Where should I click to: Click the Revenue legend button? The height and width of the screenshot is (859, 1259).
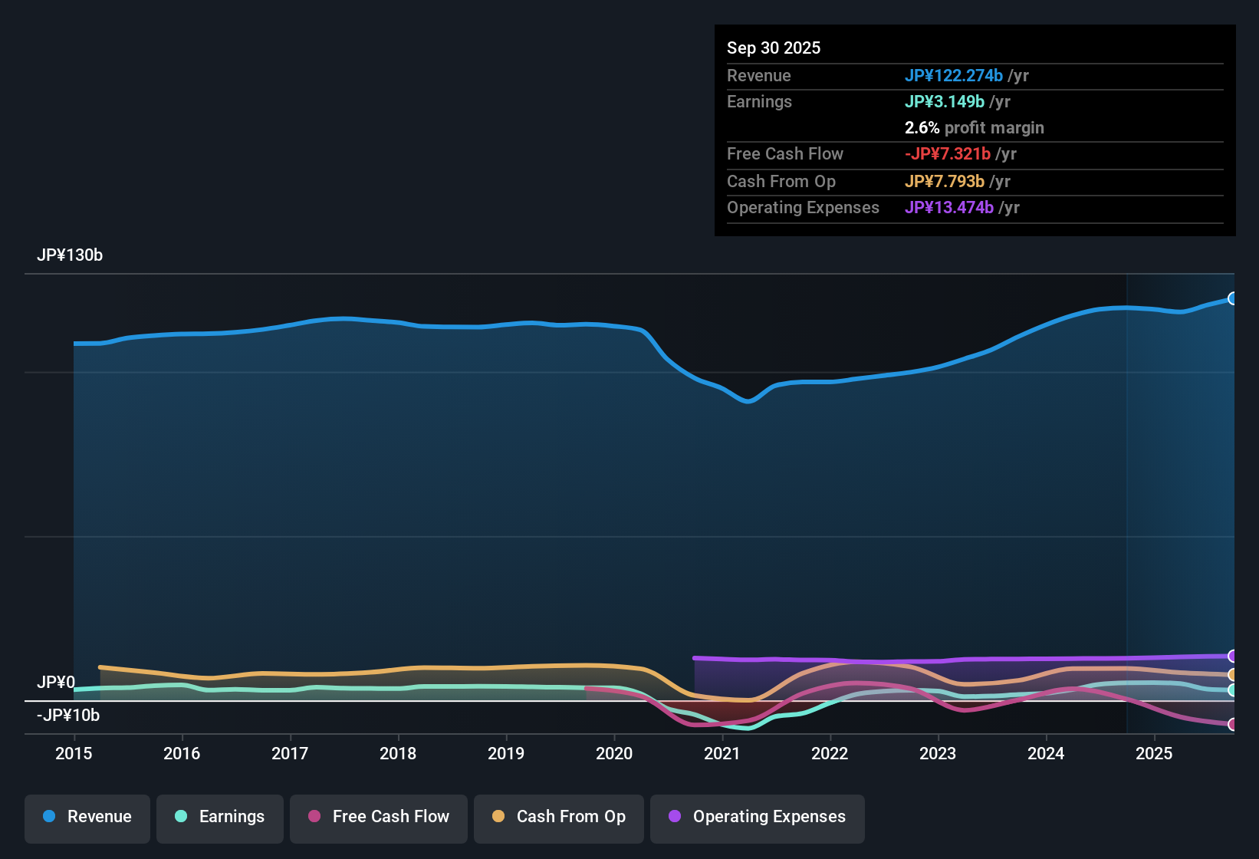[x=87, y=817]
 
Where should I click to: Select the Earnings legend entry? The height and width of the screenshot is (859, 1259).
[x=220, y=817]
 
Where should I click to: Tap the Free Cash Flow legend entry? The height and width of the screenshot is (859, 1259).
[x=379, y=817]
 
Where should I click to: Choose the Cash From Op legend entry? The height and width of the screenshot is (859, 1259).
[x=559, y=817]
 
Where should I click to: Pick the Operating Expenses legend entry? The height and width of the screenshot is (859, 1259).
[x=758, y=817]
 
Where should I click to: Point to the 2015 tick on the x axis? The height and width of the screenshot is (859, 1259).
[x=74, y=753]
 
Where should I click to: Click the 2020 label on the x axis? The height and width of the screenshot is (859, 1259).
[x=614, y=753]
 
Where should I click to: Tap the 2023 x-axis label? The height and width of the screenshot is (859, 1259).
[x=938, y=753]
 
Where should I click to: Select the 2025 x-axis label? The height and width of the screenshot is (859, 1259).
[x=1154, y=753]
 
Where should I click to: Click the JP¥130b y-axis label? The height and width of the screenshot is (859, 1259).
[x=70, y=255]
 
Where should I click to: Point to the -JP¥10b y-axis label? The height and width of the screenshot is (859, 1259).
[x=68, y=716]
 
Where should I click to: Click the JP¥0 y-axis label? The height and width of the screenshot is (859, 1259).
[x=56, y=683]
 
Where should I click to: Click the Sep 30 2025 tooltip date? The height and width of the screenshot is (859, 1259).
[x=774, y=48]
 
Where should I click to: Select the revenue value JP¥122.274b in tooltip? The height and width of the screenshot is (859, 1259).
[x=953, y=76]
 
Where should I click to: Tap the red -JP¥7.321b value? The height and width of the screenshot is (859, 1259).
[x=947, y=154]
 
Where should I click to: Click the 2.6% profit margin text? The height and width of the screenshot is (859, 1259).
[x=974, y=128]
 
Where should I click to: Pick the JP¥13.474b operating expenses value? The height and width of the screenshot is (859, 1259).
[x=948, y=208]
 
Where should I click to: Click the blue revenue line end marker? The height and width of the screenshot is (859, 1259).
[x=1232, y=298]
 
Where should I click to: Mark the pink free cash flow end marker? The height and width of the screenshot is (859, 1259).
[x=1232, y=724]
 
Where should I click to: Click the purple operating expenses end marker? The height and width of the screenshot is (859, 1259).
[x=1232, y=656]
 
